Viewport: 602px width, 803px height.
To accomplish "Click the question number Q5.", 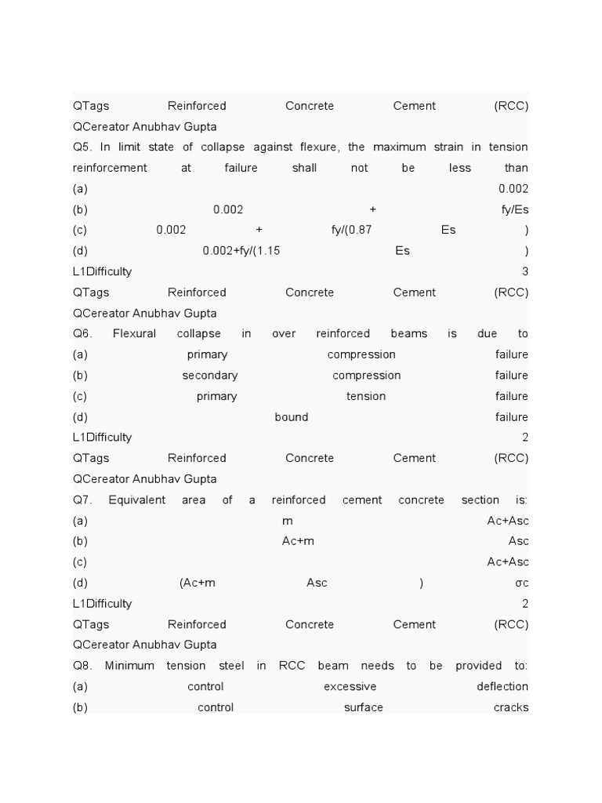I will [x=82, y=147].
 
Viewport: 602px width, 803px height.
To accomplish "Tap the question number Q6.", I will [x=82, y=334].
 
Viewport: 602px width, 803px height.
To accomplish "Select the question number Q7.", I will [x=82, y=500].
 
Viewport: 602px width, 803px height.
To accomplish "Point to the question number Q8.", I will [x=82, y=667].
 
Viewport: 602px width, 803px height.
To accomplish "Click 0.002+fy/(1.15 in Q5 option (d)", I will [x=241, y=251].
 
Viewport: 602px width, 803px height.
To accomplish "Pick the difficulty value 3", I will [x=525, y=272].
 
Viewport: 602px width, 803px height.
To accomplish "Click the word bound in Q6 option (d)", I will [x=292, y=417].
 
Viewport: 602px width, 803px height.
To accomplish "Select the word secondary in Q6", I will [x=210, y=376].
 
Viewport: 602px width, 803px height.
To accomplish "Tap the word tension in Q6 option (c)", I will [x=366, y=397].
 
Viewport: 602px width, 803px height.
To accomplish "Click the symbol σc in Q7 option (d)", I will [x=521, y=583].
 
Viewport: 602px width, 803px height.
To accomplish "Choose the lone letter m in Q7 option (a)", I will [x=288, y=521].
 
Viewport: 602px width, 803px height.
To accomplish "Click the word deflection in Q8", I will [x=502, y=687].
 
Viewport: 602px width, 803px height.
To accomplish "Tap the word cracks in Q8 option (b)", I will [x=511, y=708].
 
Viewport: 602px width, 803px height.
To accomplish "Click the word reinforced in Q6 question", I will [x=343, y=334].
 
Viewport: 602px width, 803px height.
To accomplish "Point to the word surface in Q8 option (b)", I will [x=364, y=708].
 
